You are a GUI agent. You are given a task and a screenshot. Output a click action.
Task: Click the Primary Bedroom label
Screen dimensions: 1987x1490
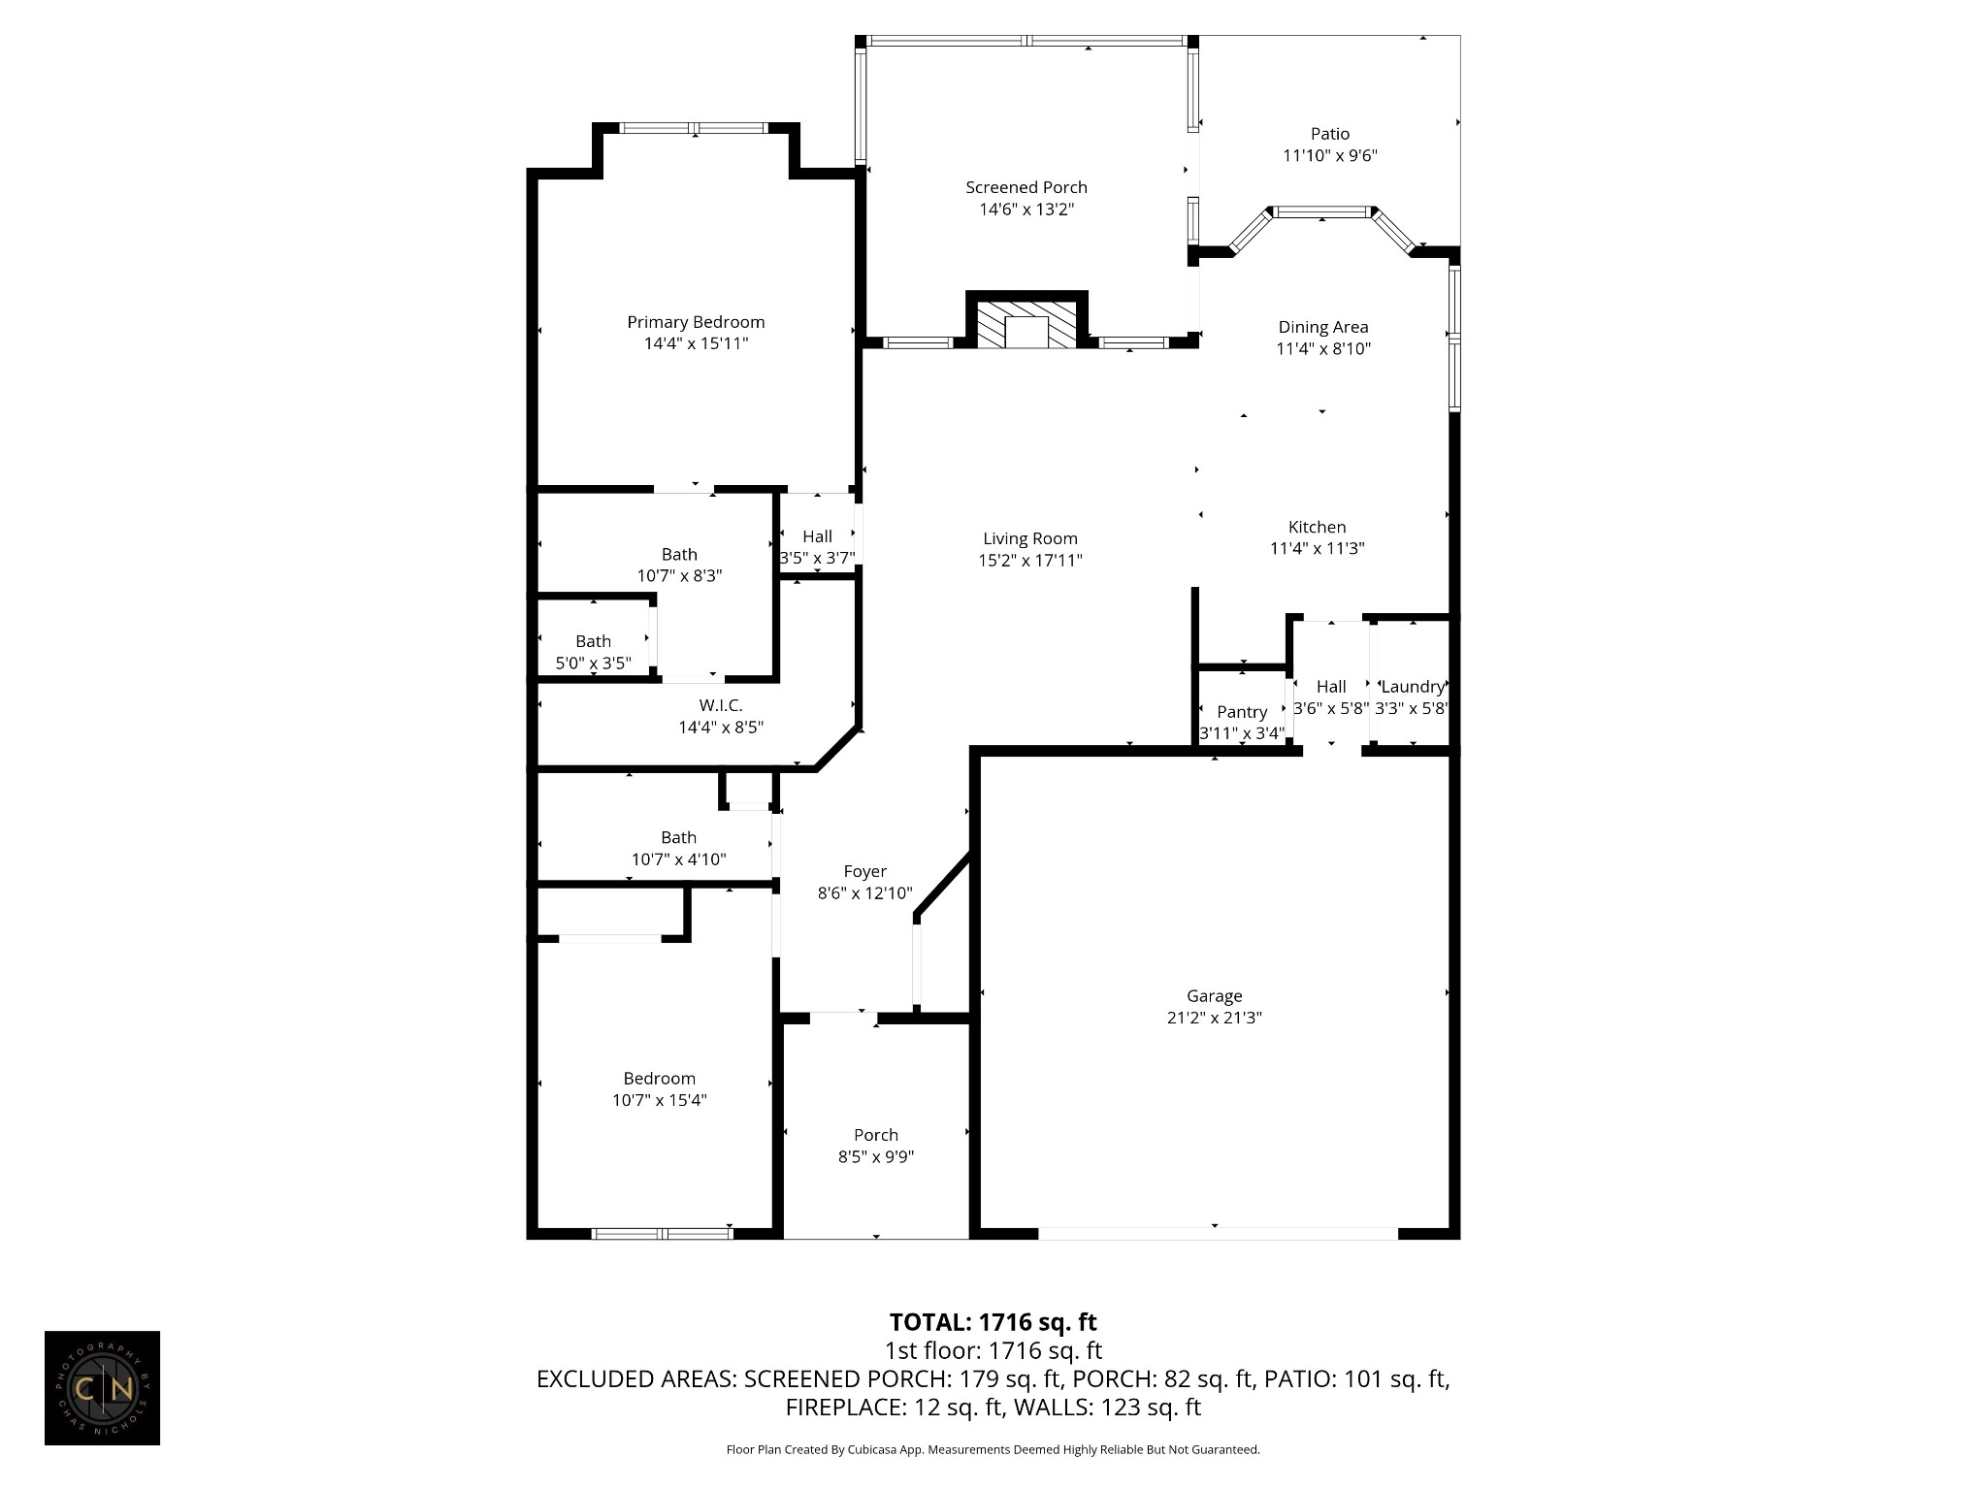(696, 322)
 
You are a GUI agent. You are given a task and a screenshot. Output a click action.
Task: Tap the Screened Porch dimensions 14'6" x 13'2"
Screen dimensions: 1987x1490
(1026, 210)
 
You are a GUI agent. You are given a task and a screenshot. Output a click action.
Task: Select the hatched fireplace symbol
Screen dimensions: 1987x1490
(1026, 324)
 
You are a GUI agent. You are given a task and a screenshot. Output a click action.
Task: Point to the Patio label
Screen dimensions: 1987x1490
(1330, 134)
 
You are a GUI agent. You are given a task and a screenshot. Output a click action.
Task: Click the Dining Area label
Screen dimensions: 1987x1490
(1323, 327)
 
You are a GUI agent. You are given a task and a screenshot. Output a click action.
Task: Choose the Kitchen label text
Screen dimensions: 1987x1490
(1317, 527)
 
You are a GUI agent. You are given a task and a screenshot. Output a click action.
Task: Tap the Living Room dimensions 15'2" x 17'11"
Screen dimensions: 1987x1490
(1030, 560)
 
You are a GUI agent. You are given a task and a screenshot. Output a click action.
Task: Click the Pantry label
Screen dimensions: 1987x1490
(1242, 712)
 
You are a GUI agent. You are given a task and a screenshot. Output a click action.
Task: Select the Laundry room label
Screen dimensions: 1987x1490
(1413, 687)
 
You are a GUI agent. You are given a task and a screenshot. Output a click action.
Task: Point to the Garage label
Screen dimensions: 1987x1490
(1214, 996)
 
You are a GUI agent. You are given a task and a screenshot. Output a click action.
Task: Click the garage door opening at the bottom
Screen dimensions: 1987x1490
(1218, 1234)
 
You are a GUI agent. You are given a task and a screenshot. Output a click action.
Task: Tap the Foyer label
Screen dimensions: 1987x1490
(864, 872)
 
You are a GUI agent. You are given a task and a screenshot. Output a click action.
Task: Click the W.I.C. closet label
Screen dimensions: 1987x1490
(721, 706)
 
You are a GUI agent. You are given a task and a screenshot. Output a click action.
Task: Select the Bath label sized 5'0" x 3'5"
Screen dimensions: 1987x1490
(593, 641)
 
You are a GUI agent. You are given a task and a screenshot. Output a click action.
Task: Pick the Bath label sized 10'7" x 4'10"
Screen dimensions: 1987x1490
(678, 837)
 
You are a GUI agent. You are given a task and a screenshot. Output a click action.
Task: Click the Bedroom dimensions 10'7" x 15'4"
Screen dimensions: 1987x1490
(659, 1100)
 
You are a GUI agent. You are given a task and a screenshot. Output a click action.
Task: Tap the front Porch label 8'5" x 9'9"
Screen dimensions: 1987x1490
(876, 1135)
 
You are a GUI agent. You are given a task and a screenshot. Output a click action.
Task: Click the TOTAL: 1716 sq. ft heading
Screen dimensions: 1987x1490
(993, 1322)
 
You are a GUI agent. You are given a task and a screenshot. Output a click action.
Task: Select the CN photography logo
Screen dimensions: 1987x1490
(102, 1388)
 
